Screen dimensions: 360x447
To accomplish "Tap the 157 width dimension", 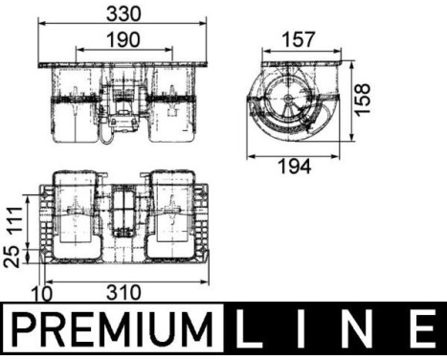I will coord(297,39).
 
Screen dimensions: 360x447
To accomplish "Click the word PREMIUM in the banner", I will coord(113,331).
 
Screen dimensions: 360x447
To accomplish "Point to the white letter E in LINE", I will coord(421,331).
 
